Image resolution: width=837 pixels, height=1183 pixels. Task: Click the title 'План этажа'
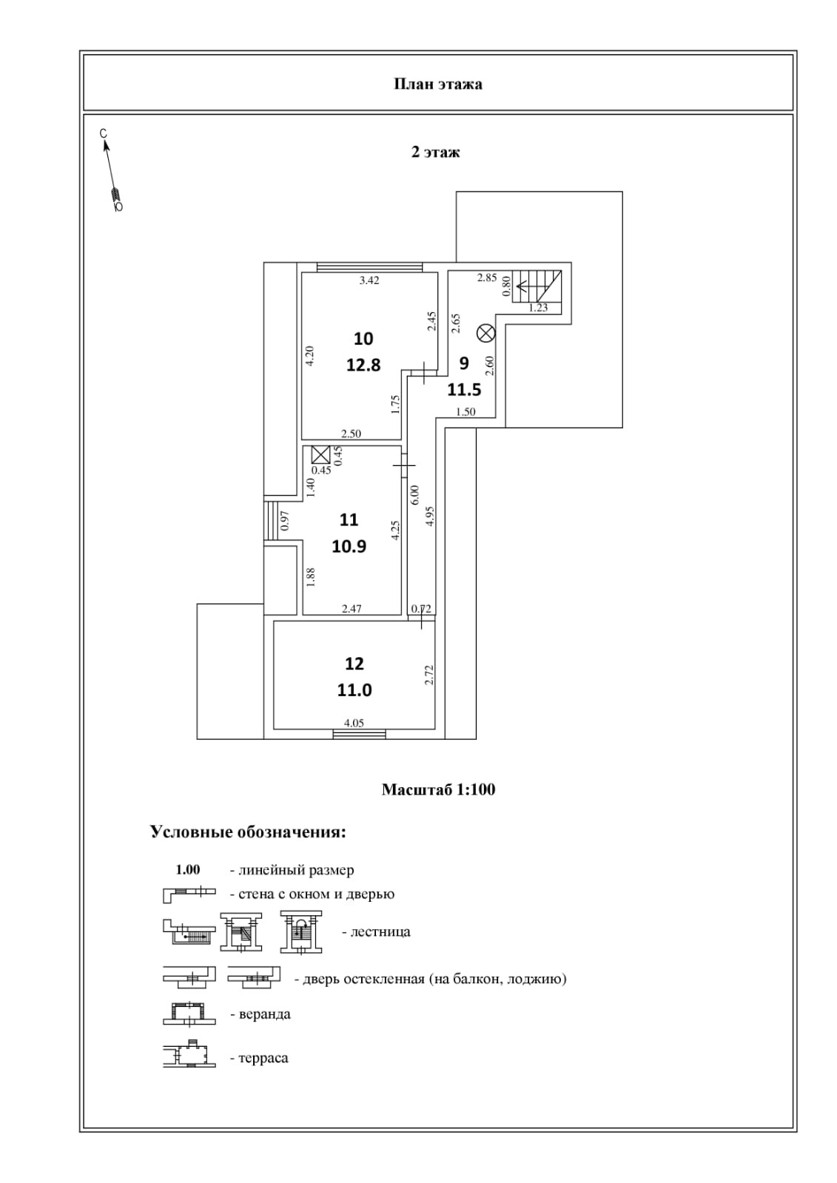(x=437, y=84)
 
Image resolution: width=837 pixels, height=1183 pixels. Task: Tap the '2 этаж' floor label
(x=435, y=152)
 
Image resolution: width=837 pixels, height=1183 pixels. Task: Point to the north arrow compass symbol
(x=112, y=172)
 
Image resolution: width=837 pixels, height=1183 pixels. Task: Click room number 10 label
(x=363, y=339)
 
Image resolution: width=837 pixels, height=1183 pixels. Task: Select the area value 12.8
(x=363, y=365)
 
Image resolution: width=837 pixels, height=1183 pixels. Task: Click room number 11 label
(x=349, y=520)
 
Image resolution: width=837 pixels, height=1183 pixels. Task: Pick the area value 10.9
(x=349, y=547)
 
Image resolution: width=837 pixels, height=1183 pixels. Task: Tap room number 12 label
(x=354, y=664)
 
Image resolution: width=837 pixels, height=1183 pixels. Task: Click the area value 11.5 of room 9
(x=464, y=390)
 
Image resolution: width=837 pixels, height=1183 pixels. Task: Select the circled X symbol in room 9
(x=485, y=333)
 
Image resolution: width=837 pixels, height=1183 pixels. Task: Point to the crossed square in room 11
(x=320, y=454)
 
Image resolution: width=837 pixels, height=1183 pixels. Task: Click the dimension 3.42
(x=369, y=280)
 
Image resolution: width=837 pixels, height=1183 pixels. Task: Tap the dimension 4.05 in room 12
(x=353, y=724)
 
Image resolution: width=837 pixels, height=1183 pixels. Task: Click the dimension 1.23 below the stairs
(x=538, y=308)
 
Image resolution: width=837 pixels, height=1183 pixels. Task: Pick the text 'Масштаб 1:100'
(x=438, y=789)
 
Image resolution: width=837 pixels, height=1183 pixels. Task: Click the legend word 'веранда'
(x=264, y=1014)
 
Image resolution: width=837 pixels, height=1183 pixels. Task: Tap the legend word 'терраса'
(x=263, y=1059)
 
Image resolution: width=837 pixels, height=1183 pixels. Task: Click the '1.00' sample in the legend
(x=187, y=870)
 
